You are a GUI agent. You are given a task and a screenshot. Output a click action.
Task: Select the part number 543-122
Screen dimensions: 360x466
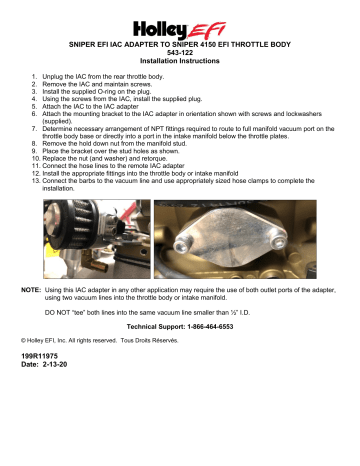pyautogui.click(x=181, y=53)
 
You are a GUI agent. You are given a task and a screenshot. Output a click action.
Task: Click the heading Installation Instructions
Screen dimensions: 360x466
pyautogui.click(x=181, y=61)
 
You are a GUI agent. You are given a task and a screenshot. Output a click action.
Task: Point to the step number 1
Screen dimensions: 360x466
pyautogui.click(x=34, y=76)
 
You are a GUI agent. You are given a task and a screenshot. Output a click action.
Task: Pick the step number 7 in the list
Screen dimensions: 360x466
pyautogui.click(x=34, y=131)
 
